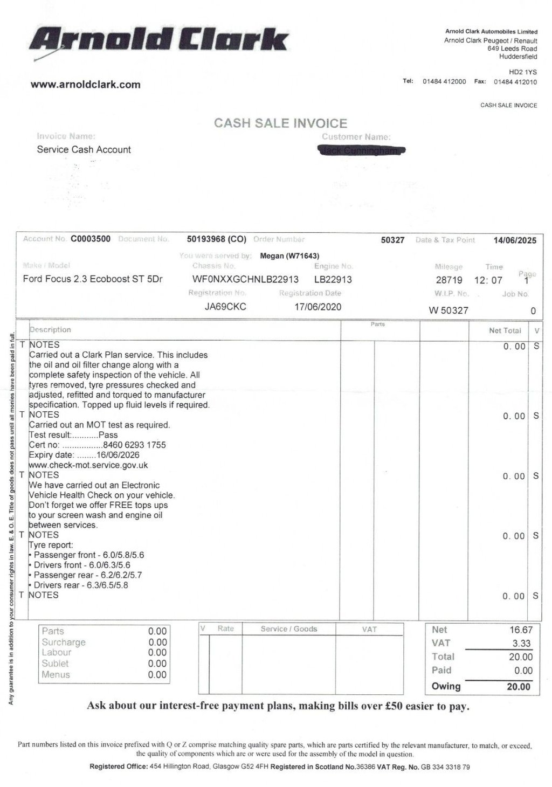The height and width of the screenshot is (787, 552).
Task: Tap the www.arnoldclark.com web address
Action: click(x=86, y=85)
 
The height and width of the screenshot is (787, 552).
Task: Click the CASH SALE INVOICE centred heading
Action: click(x=280, y=123)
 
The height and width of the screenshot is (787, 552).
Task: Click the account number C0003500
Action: click(x=91, y=239)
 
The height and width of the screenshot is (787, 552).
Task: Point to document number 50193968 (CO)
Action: click(x=216, y=239)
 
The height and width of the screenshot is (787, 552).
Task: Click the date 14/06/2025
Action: click(x=515, y=240)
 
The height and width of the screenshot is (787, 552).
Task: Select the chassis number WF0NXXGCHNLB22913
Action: click(x=245, y=279)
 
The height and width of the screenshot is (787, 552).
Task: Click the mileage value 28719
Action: click(x=449, y=280)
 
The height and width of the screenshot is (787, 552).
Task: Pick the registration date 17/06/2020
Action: click(x=318, y=307)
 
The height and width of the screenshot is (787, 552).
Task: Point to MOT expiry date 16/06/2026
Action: click(x=115, y=455)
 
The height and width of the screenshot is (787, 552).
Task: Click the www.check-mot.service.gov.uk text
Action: click(x=88, y=465)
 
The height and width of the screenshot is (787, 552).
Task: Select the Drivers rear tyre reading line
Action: click(x=80, y=585)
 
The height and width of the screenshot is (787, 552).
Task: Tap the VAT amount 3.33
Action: click(x=521, y=643)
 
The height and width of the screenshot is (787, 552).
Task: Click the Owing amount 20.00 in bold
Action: click(x=518, y=686)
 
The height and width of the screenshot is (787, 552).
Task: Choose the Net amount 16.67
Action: click(x=521, y=630)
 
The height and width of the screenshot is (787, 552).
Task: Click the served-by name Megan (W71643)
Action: click(x=289, y=256)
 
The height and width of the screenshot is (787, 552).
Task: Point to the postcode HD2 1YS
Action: click(x=522, y=72)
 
